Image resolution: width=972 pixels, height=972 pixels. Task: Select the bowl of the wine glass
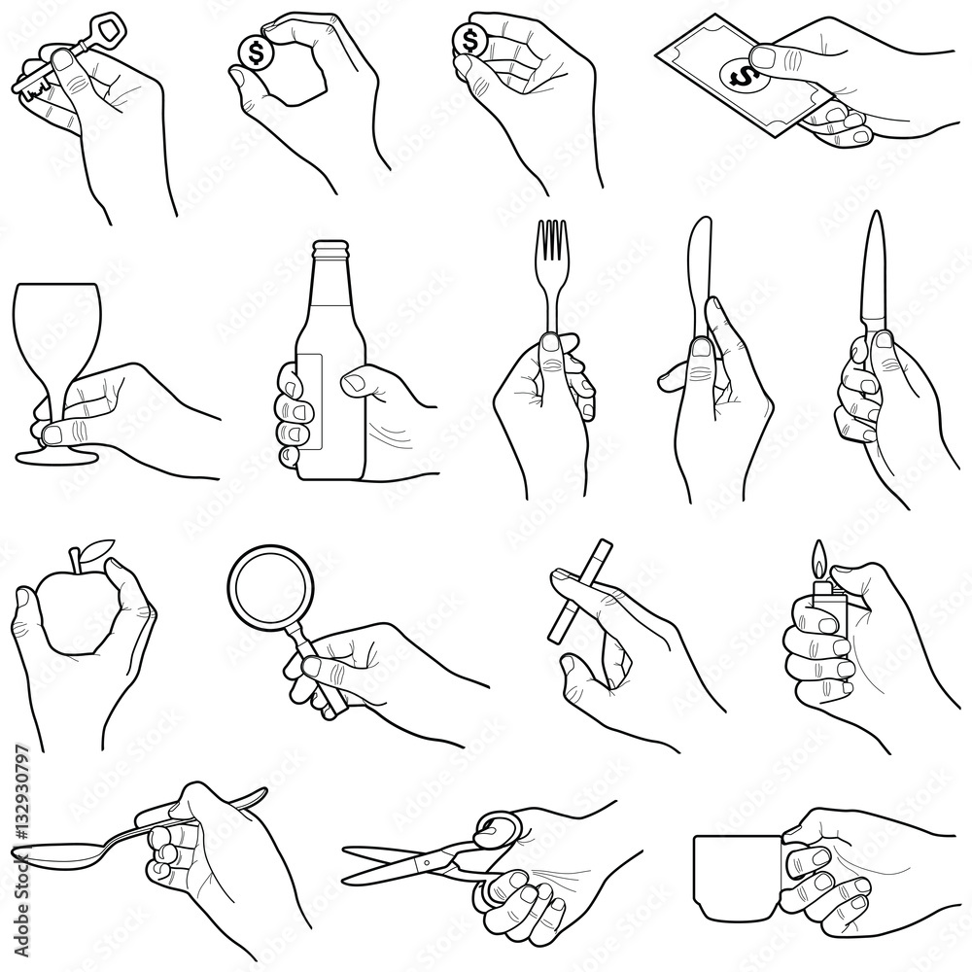(56, 330)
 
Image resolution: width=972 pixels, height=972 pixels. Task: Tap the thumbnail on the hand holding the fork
(550, 343)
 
